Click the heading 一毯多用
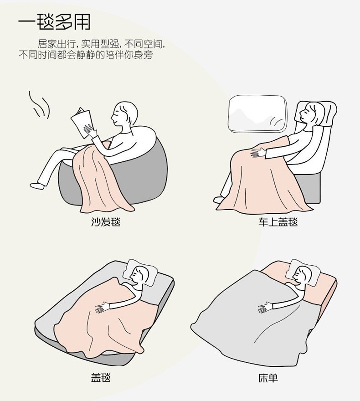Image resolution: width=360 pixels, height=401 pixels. (x=54, y=21)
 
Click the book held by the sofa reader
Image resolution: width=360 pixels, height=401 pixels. (x=82, y=123)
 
